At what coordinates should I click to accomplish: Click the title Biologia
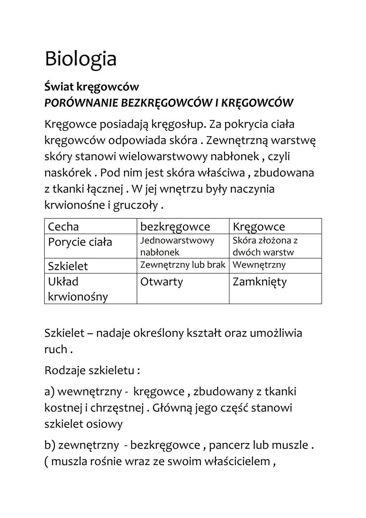pyautogui.click(x=81, y=59)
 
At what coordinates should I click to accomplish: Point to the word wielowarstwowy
pyautogui.click(x=173, y=157)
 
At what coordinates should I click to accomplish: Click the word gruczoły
pyautogui.click(x=136, y=206)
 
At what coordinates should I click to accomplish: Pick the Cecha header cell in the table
pyautogui.click(x=63, y=227)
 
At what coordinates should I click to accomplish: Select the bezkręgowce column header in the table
pyautogui.click(x=175, y=227)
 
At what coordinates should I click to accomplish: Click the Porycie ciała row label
pyautogui.click(x=80, y=242)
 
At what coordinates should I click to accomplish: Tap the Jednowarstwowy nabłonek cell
pyautogui.click(x=177, y=246)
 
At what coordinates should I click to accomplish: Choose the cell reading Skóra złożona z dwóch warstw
pyautogui.click(x=265, y=246)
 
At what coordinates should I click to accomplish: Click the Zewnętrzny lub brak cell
pyautogui.click(x=183, y=265)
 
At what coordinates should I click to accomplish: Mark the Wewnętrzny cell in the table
pyautogui.click(x=259, y=265)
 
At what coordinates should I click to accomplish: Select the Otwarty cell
pyautogui.click(x=161, y=282)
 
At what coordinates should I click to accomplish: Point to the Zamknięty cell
pyautogui.click(x=260, y=282)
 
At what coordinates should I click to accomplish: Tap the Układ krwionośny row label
pyautogui.click(x=78, y=289)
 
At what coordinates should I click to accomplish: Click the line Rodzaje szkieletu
pyautogui.click(x=92, y=370)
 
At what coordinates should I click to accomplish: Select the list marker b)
pyautogui.click(x=50, y=445)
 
